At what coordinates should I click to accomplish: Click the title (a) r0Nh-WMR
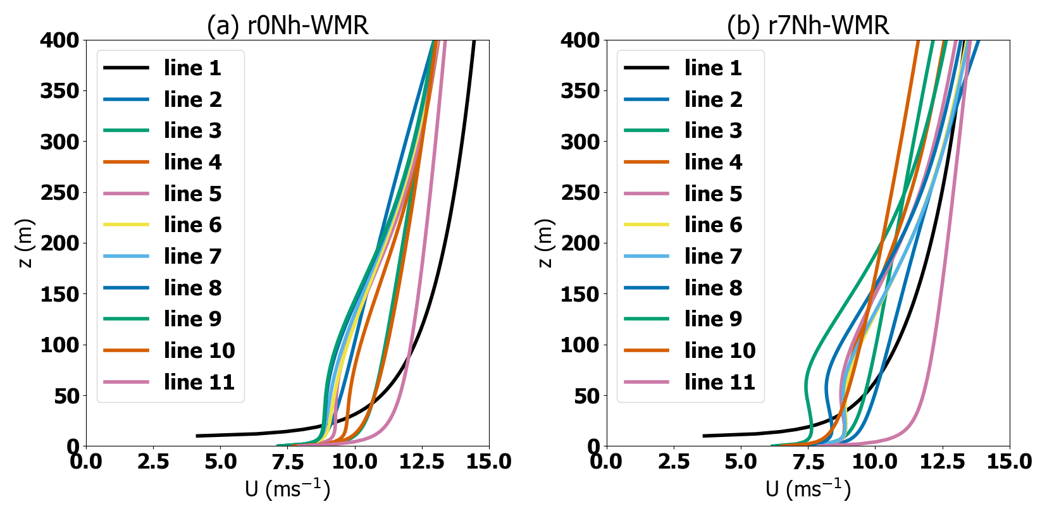click(x=287, y=26)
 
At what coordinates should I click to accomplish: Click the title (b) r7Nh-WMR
click(x=808, y=26)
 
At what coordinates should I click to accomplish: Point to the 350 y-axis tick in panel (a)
click(x=60, y=91)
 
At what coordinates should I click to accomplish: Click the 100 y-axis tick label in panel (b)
click(x=580, y=345)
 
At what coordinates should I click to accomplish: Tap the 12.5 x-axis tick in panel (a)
click(x=422, y=462)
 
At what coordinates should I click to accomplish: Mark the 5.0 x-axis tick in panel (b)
click(x=741, y=462)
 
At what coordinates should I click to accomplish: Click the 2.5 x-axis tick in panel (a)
click(x=153, y=462)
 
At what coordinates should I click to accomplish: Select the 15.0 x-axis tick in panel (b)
click(x=1009, y=462)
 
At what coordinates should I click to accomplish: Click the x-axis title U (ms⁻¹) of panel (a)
click(x=287, y=489)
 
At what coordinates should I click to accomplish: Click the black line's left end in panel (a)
click(x=197, y=436)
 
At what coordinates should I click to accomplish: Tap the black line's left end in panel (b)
click(x=704, y=436)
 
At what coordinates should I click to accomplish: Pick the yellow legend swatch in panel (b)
click(x=646, y=224)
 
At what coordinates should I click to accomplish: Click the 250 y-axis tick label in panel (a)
click(x=60, y=193)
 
